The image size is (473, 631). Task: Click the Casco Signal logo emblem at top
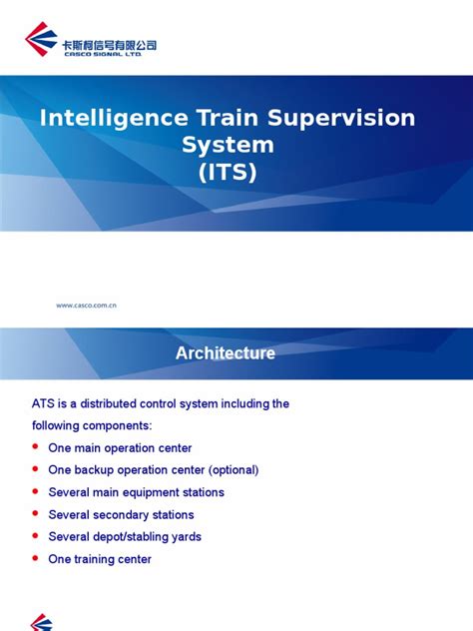[x=41, y=41]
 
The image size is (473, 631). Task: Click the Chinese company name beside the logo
[x=109, y=44]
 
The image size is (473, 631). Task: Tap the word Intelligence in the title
[x=113, y=119]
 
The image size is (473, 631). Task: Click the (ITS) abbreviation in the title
[x=228, y=173]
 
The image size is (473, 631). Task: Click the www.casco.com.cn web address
[x=87, y=306]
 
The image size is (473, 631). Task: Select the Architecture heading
[x=226, y=352]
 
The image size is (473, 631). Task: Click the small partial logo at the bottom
[x=41, y=622]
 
